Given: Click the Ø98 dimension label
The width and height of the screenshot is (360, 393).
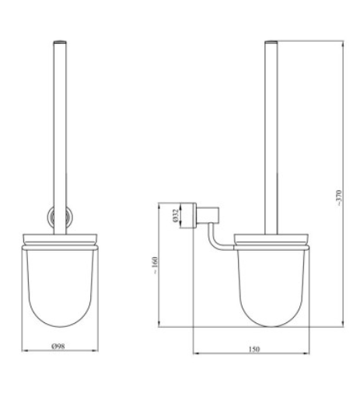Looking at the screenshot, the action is (58, 346).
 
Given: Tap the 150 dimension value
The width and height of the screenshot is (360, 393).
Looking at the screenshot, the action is (254, 349).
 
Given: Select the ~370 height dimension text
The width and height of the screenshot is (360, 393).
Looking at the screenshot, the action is (340, 198).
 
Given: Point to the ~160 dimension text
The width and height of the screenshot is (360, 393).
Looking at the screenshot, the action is (155, 266).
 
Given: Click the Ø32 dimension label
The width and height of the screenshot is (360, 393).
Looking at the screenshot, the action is (176, 216).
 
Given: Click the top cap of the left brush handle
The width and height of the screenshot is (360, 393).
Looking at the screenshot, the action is (60, 41).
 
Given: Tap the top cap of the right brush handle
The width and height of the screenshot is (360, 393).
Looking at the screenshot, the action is (271, 41).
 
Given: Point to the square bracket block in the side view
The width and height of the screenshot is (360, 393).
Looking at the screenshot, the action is (208, 215).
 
